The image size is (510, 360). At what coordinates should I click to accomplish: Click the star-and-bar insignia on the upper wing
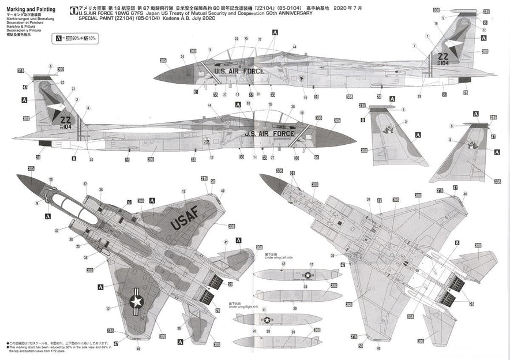point(137,300)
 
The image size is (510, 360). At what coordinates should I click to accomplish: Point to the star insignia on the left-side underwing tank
point(307,275)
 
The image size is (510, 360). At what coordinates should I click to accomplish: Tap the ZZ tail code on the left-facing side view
point(443,57)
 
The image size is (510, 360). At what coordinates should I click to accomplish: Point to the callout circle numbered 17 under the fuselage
point(212,157)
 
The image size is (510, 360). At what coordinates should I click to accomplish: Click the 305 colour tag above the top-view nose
point(31,168)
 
